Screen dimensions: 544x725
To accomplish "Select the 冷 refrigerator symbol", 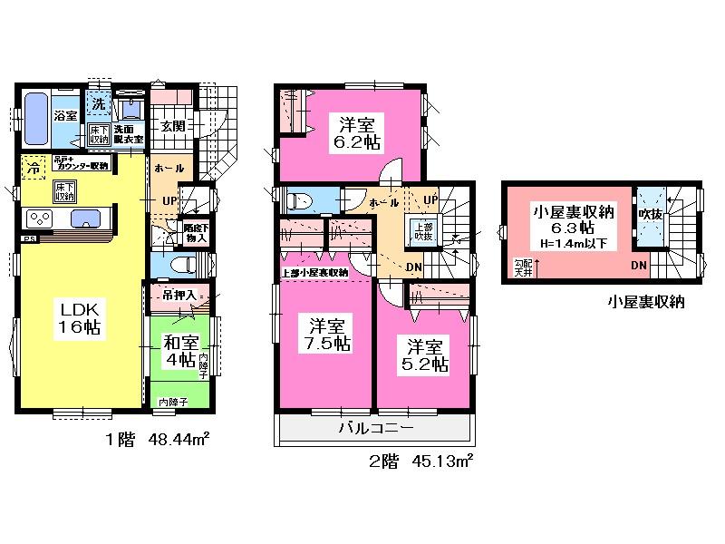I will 34,168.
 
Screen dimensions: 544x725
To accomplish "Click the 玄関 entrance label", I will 174,127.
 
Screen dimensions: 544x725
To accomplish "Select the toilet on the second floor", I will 298,199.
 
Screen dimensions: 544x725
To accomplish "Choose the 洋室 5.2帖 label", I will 425,355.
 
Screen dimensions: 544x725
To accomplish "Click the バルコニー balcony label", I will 376,428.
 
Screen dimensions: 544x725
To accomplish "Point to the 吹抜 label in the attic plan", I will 649,213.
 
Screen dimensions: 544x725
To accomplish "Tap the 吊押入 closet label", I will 178,295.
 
